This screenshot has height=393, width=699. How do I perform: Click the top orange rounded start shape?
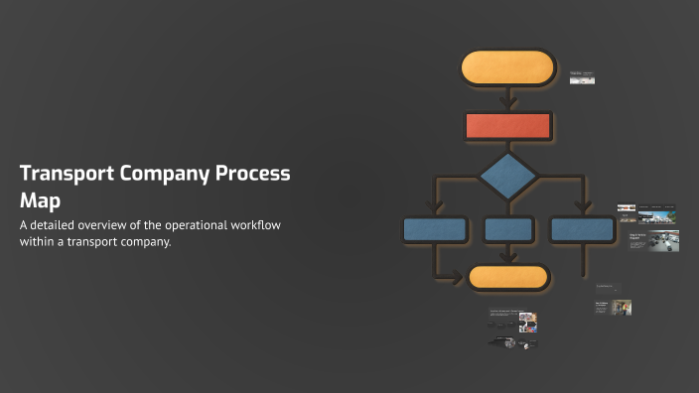[x=507, y=67]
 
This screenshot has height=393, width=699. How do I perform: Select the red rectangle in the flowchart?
[x=507, y=126]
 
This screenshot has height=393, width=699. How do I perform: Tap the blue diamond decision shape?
[x=508, y=176]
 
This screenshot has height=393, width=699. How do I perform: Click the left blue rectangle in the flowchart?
[x=435, y=229]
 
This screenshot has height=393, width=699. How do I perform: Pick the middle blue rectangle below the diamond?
[x=508, y=229]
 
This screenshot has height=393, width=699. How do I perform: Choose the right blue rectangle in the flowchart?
[x=582, y=229]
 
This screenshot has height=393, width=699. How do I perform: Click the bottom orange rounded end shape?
[x=508, y=277]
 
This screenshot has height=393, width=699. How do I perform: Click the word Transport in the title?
[x=66, y=173]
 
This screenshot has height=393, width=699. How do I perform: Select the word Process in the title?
[x=254, y=173]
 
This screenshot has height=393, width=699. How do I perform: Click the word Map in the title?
[x=41, y=199]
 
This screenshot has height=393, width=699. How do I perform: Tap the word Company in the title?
[x=166, y=173]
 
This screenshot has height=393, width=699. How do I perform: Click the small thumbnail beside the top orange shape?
[x=582, y=77]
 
